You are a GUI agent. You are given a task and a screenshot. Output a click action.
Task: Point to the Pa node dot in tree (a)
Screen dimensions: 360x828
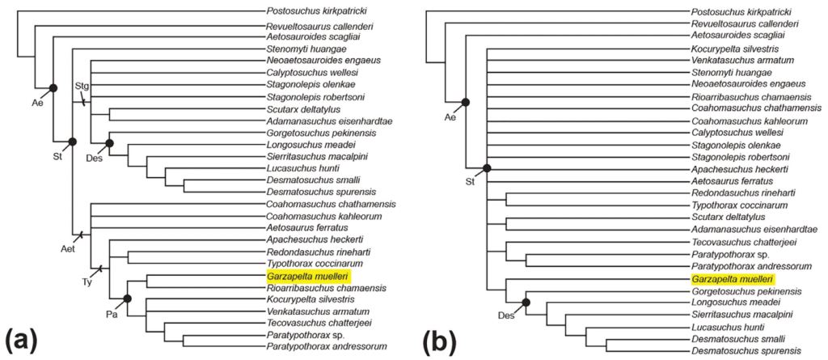point(127,299)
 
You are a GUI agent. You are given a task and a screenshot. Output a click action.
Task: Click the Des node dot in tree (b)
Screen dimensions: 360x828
point(526,303)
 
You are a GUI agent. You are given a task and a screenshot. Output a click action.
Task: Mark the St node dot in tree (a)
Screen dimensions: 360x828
point(72,142)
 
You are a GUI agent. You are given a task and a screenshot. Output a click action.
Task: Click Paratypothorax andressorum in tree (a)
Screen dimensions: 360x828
point(326,346)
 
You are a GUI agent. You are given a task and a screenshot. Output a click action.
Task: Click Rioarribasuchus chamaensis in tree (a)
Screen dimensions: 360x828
point(325,287)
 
